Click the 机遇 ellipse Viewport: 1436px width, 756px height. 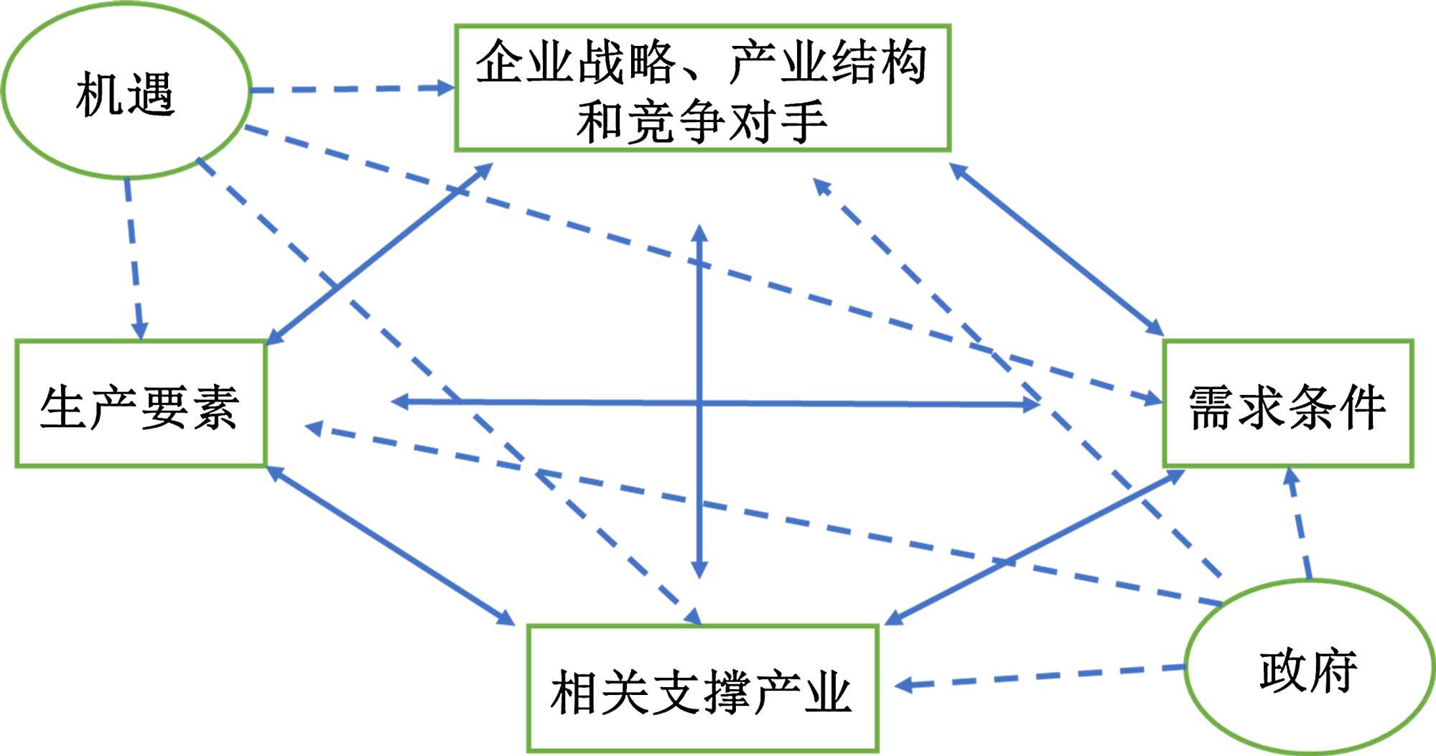point(126,91)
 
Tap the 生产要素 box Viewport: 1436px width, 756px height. point(141,404)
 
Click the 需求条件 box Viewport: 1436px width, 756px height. point(1288,404)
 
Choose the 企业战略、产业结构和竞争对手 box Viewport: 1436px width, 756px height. point(702,88)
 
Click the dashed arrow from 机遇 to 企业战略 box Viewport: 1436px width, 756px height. point(352,89)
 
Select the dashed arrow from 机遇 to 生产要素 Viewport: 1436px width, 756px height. point(134,258)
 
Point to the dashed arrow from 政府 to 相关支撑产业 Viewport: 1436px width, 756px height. point(1041,676)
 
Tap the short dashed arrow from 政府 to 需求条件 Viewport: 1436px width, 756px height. point(1300,524)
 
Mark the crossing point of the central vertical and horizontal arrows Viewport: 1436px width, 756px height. point(699,403)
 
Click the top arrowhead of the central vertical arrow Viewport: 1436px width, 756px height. point(699,234)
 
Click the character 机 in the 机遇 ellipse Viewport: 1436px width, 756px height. point(99,94)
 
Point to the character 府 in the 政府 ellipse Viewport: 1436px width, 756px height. point(1334,671)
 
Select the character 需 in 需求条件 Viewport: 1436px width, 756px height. point(1213,407)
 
